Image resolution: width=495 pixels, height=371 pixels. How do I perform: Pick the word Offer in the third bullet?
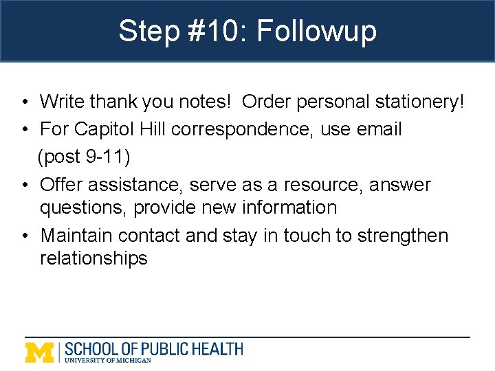pos(63,185)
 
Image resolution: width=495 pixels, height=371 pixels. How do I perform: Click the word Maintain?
pos(76,236)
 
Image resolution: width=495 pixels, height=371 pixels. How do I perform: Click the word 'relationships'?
pos(93,258)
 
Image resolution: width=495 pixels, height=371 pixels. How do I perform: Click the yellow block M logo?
pos(40,352)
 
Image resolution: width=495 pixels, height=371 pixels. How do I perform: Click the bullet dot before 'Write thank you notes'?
pos(24,102)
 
